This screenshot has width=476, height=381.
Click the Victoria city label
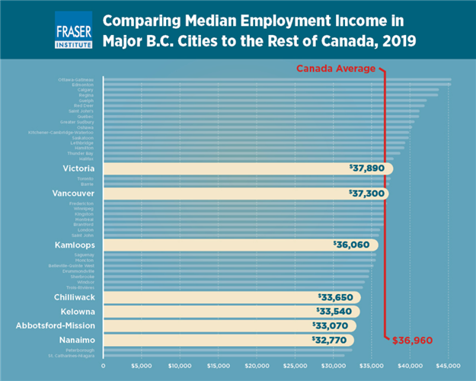click(x=78, y=168)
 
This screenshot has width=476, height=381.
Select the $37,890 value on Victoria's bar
click(x=366, y=168)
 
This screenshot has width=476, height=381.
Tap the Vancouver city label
click(x=73, y=194)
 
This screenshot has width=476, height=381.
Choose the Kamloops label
click(x=75, y=245)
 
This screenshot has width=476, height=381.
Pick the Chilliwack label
click(x=74, y=297)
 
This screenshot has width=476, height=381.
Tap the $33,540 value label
click(x=334, y=311)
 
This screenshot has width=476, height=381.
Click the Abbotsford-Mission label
click(x=55, y=325)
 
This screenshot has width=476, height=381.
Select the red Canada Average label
click(x=335, y=69)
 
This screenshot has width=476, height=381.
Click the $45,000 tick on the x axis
click(x=448, y=366)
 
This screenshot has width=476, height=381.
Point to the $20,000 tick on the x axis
click(x=256, y=366)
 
